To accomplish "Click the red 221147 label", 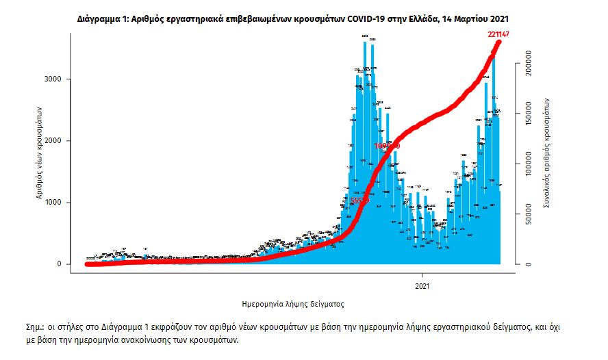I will point(499,34).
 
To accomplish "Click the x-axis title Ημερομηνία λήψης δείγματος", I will point(292,302).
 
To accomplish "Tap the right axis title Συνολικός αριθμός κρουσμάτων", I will point(548,152).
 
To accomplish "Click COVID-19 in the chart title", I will point(368,15).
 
